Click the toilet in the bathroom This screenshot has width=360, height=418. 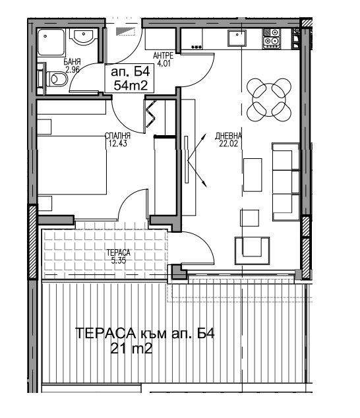[x=57, y=79]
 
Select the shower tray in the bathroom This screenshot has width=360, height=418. [x=51, y=42]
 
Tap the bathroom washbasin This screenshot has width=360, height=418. [x=84, y=36]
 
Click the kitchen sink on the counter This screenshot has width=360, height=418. [x=237, y=38]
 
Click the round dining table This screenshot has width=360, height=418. [x=268, y=100]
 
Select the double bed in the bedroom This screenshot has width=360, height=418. [x=72, y=164]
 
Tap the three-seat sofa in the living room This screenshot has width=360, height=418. [x=285, y=182]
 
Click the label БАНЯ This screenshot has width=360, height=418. [x=72, y=63]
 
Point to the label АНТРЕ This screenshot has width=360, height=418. [x=164, y=56]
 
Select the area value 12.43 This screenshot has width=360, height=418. [x=118, y=144]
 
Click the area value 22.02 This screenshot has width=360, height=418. [x=229, y=144]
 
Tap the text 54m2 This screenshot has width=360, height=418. [x=131, y=86]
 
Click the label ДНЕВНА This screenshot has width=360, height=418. [x=229, y=136]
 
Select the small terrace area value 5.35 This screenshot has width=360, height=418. [x=119, y=260]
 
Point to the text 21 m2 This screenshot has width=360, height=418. [x=131, y=348]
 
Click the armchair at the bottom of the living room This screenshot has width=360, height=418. [x=252, y=251]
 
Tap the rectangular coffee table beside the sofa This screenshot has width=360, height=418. [x=253, y=175]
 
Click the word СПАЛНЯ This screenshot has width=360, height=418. [x=118, y=136]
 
